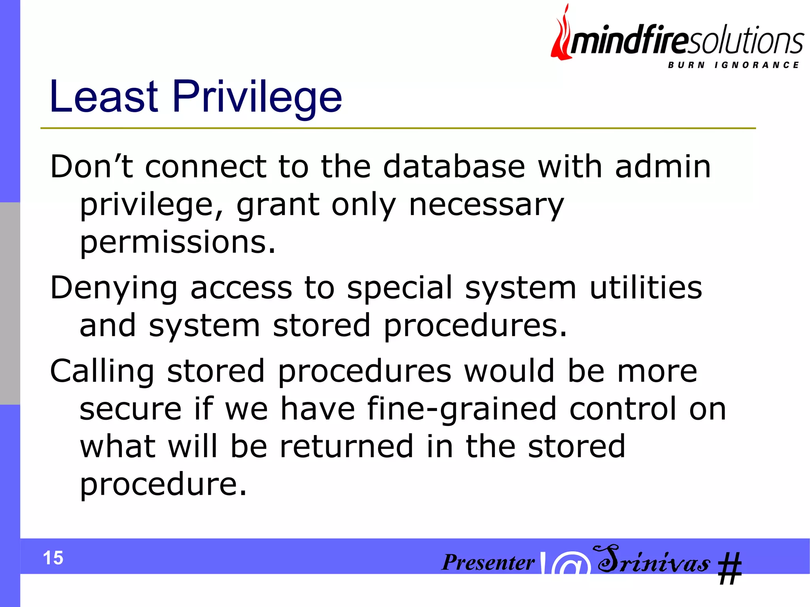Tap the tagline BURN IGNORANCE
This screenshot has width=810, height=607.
(x=733, y=65)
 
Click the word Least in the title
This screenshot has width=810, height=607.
(x=104, y=96)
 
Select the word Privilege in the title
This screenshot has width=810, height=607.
(x=257, y=97)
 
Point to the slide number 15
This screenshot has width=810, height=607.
(x=53, y=558)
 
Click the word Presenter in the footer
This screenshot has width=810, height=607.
(x=488, y=562)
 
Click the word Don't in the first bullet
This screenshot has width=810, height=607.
(x=91, y=166)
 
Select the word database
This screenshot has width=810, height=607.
(x=454, y=166)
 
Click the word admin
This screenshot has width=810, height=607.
(x=663, y=166)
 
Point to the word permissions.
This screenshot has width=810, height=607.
(x=177, y=243)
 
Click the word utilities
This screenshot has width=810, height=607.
(x=645, y=287)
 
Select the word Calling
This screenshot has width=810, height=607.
(x=102, y=372)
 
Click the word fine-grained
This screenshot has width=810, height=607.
(x=462, y=409)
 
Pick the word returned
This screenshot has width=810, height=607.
(x=346, y=447)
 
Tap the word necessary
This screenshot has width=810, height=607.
(x=486, y=205)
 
